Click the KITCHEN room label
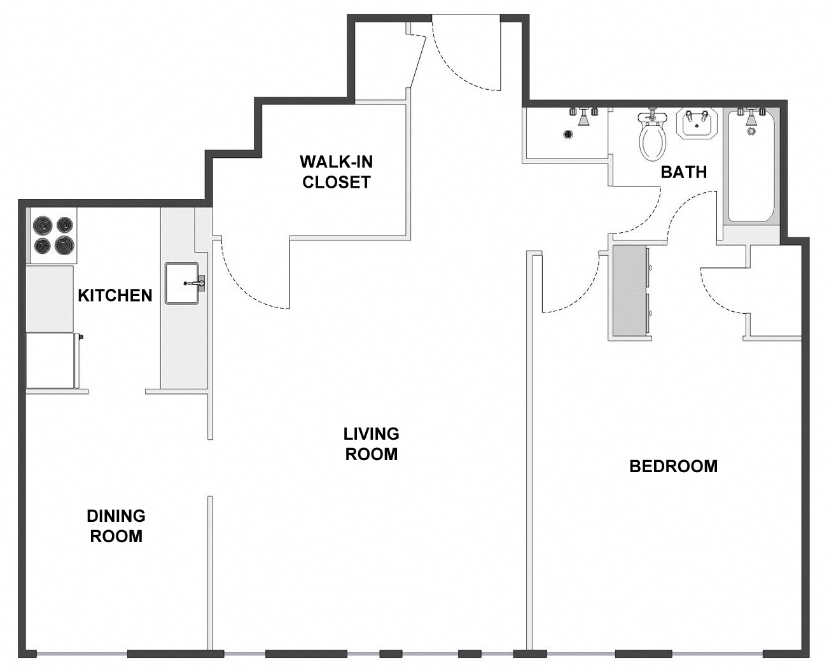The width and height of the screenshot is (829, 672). [115, 295]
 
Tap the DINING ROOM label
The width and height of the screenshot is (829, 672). [116, 526]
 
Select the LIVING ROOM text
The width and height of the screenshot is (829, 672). [371, 444]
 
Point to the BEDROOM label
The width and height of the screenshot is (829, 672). [673, 466]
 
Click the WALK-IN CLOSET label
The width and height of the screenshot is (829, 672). [336, 172]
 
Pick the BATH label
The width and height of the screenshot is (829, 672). [683, 172]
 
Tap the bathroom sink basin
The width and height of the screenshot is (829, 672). [695, 124]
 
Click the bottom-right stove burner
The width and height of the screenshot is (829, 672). [64, 244]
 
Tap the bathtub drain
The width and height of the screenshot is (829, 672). [751, 132]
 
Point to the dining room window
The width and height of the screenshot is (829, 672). [81, 654]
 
